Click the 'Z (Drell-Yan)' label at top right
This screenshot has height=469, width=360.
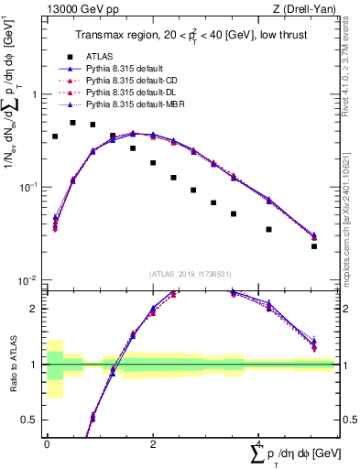[308, 9]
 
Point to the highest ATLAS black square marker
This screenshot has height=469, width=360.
[73, 122]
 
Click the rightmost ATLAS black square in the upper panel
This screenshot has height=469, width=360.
[313, 246]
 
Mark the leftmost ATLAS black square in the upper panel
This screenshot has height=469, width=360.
[55, 136]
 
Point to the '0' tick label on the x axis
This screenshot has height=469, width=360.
[46, 442]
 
